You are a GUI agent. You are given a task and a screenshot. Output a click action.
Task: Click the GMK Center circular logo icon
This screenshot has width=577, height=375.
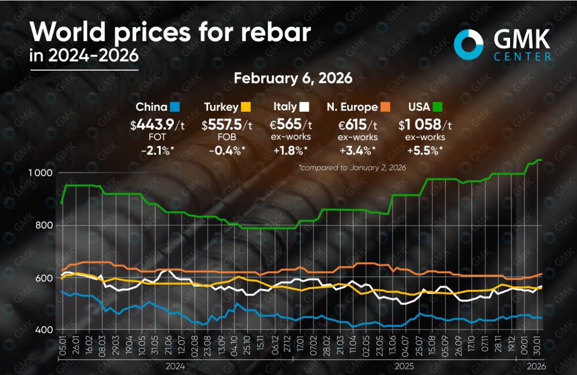tap(469, 44)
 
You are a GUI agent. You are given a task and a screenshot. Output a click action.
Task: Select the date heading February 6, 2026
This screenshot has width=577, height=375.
tap(293, 78)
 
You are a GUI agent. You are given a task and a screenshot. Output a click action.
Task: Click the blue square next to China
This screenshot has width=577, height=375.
tap(174, 107)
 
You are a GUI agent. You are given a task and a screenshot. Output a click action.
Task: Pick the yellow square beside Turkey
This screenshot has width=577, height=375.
tap(245, 107)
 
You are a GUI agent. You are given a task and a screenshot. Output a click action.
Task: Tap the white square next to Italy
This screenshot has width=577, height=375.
tap(304, 107)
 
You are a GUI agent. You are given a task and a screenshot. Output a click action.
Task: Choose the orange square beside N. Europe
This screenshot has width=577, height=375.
tap(385, 107)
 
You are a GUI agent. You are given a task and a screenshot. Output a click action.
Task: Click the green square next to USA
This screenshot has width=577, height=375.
tap(437, 107)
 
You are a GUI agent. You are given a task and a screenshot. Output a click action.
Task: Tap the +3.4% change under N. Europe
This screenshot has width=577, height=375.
tap(358, 150)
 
